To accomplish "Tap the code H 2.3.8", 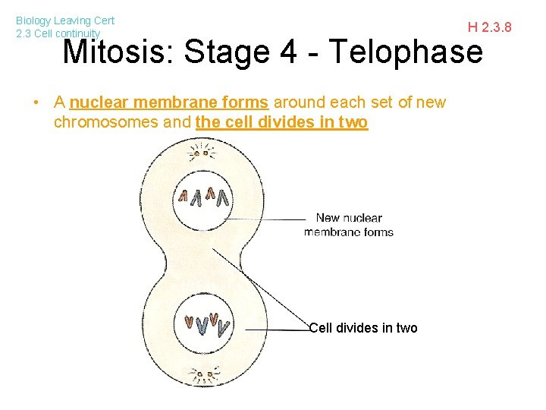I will [x=489, y=28].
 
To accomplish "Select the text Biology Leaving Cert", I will [x=65, y=21].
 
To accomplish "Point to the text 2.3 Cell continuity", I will [x=58, y=33].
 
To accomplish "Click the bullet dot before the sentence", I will [x=35, y=102].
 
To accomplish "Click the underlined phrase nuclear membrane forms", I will [x=168, y=102].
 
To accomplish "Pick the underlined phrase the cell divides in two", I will [x=281, y=122].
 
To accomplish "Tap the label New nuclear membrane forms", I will [x=349, y=225].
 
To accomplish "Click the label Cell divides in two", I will [x=364, y=328].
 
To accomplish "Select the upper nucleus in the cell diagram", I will [x=203, y=198].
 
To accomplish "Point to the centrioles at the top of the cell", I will [x=202, y=153].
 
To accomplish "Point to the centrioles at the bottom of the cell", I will [x=202, y=375].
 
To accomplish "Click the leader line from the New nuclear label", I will [x=265, y=219].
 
